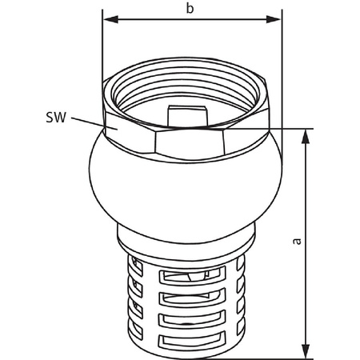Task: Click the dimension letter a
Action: pos(297,241)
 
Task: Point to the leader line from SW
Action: pos(89,122)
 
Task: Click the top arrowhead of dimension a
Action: pos(306,135)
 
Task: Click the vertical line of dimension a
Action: pos(306,240)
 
